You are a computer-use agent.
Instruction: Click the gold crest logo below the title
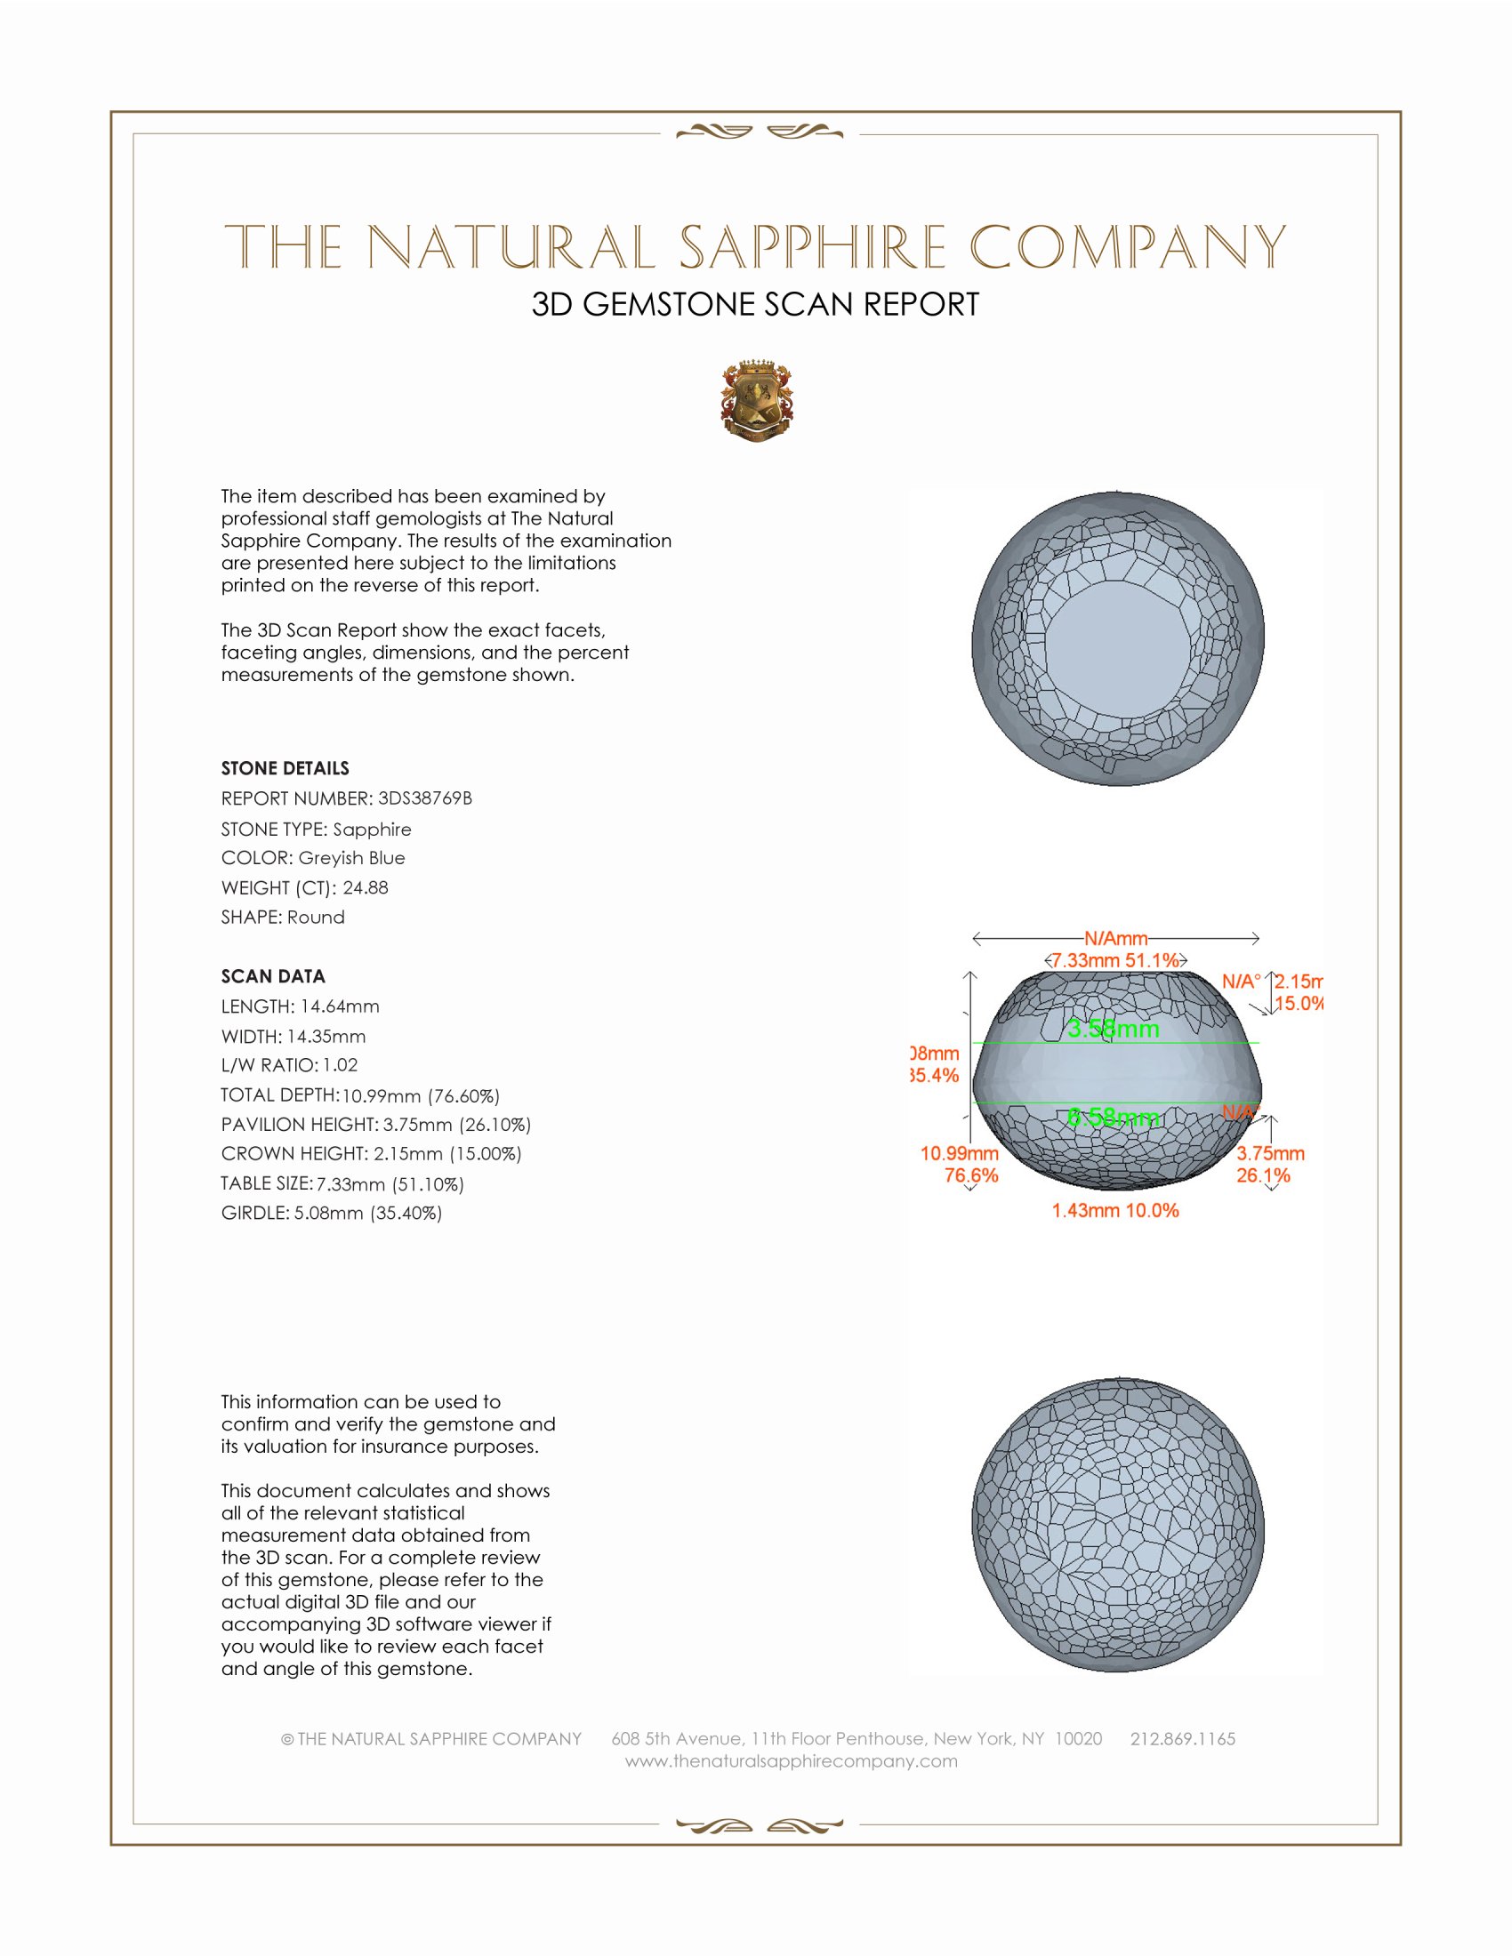pyautogui.click(x=757, y=401)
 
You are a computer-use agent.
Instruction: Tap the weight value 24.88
pyautogui.click(x=366, y=887)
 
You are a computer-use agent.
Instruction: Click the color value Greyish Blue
pyautogui.click(x=351, y=858)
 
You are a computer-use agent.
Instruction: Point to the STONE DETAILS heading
pyautogui.click(x=285, y=768)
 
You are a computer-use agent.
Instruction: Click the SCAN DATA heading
pyautogui.click(x=273, y=976)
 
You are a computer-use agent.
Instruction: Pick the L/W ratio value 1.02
pyautogui.click(x=341, y=1065)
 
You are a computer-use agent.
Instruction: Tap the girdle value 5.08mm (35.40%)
pyautogui.click(x=368, y=1213)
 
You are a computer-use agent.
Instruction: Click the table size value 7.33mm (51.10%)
pyautogui.click(x=390, y=1184)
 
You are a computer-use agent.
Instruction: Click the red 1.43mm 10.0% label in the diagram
pyautogui.click(x=1115, y=1211)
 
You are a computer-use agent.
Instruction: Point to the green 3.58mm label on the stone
pyautogui.click(x=1114, y=1029)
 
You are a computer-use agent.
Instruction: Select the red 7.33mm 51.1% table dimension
pyautogui.click(x=1115, y=960)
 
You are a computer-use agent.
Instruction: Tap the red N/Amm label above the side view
pyautogui.click(x=1116, y=939)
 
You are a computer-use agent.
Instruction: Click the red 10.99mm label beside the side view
pyautogui.click(x=960, y=1153)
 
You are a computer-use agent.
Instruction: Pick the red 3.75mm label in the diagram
pyautogui.click(x=1270, y=1153)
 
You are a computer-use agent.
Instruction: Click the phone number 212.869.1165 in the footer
pyautogui.click(x=1182, y=1739)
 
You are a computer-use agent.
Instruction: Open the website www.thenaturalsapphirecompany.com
pyautogui.click(x=792, y=1761)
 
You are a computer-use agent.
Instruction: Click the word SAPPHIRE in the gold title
pyautogui.click(x=813, y=247)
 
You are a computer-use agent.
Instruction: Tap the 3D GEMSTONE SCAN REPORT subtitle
pyautogui.click(x=755, y=304)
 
